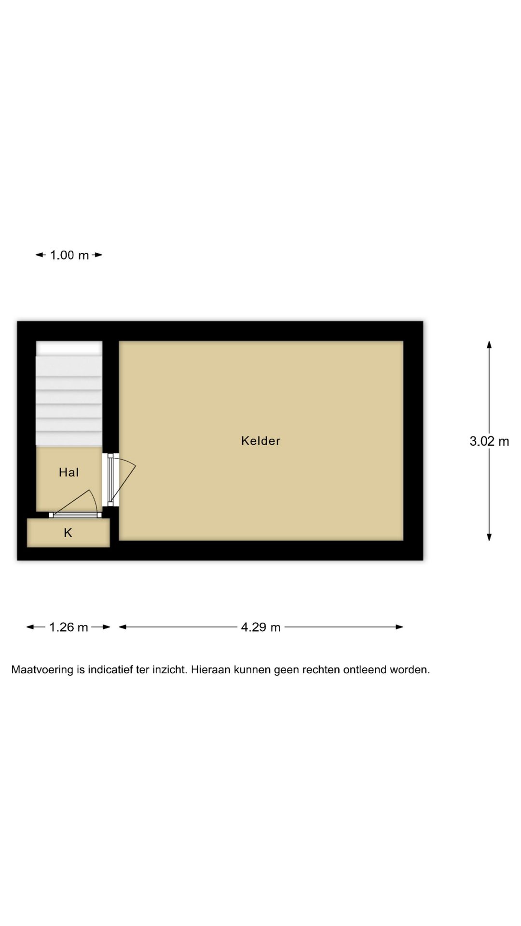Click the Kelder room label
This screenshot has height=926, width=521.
260,441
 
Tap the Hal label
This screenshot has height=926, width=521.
69,473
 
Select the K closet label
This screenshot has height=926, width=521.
68,533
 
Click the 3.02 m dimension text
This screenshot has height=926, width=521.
489,441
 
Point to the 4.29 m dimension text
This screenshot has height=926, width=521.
260,627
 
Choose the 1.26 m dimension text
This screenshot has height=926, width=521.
69,627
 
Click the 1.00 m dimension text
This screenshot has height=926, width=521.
69,255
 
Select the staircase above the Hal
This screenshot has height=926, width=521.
69,394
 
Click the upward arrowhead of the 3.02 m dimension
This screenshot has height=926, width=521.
489,344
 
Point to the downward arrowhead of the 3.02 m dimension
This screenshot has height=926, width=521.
489,537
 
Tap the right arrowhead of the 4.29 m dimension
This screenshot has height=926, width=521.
399,627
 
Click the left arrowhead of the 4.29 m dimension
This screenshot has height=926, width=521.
123,627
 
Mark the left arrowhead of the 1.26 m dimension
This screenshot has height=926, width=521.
30,627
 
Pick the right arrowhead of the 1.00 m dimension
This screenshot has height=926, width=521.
98,255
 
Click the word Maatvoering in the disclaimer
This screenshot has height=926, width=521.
42,670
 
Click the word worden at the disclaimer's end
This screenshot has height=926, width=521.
410,670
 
